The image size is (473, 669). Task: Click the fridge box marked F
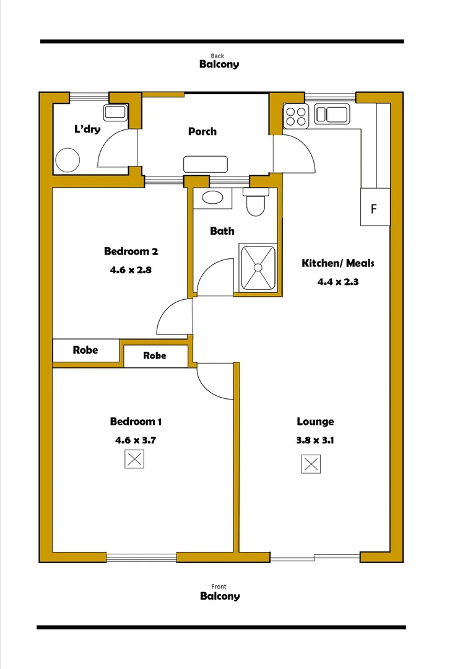point(374,208)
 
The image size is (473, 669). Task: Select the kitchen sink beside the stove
point(332,114)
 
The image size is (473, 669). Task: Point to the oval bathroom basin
point(213,199)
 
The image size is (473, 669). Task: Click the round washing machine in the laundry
point(67,160)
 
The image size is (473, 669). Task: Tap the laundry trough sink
point(115,112)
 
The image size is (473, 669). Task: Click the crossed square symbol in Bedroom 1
point(135,460)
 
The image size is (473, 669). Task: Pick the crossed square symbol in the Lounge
point(311,464)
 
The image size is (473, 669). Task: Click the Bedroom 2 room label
point(131,251)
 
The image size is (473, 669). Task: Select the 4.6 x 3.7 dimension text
point(136,440)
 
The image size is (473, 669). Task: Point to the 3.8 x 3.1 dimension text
point(316,441)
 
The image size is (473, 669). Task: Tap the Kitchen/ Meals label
point(338,263)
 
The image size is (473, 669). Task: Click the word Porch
point(202,131)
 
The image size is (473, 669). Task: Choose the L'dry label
point(87,129)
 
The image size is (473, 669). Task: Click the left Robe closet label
point(85,350)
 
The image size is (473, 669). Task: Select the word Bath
point(222,231)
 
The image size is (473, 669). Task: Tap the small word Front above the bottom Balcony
point(219,587)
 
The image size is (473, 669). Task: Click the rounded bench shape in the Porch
point(206,164)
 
